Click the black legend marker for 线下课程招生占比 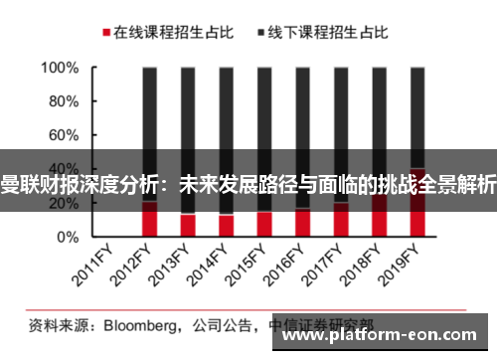[x=261, y=33]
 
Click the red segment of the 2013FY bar [x=188, y=226]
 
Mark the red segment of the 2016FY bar [x=301, y=223]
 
